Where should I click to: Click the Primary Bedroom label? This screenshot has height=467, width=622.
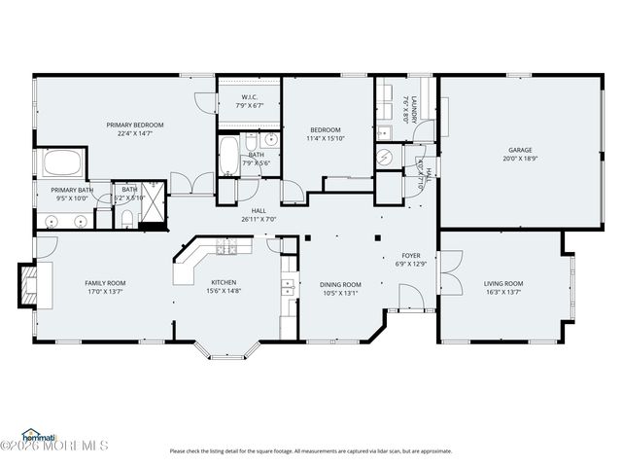(x=134, y=126)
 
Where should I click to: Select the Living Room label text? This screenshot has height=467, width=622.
(x=503, y=283)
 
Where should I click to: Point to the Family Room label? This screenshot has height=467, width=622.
(x=105, y=283)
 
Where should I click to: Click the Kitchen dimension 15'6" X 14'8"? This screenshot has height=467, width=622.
(x=224, y=291)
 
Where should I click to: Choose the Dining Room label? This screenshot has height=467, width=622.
(x=340, y=284)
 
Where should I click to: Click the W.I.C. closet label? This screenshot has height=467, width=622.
(x=249, y=97)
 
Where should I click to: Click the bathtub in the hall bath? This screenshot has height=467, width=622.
(x=226, y=155)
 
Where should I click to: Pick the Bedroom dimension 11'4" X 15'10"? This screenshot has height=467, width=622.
(x=326, y=138)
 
